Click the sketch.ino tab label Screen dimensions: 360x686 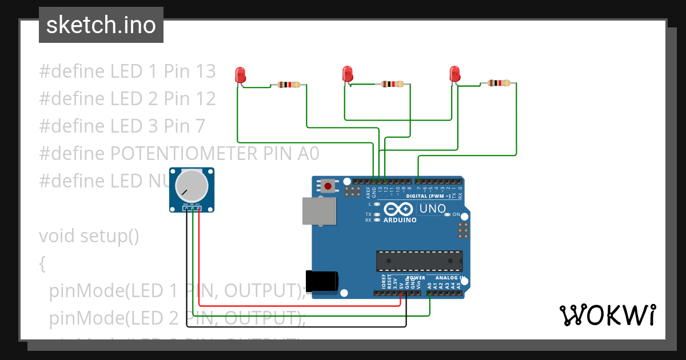tap(101, 25)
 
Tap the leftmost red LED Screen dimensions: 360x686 tap(240, 74)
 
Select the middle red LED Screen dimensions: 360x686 tap(347, 74)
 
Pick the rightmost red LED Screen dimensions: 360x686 tap(454, 74)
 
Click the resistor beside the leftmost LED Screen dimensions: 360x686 tap(288, 85)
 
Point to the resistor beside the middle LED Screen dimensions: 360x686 tap(392, 85)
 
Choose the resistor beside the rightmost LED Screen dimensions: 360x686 tap(498, 83)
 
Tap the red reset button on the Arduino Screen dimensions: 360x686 tap(328, 186)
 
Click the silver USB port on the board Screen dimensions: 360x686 tap(319, 211)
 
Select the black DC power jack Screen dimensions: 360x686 tap(322, 281)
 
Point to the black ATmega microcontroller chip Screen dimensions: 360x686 tap(419, 261)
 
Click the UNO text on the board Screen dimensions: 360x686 tap(432, 209)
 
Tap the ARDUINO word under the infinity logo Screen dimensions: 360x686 tap(400, 220)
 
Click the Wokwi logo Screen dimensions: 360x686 tap(607, 315)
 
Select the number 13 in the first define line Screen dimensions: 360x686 tap(204, 71)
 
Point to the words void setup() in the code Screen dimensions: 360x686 tap(89, 235)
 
